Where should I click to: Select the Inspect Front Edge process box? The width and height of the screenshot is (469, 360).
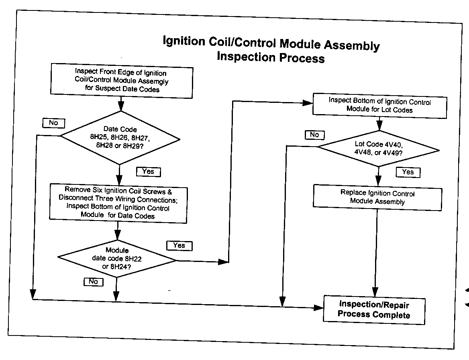click(x=121, y=80)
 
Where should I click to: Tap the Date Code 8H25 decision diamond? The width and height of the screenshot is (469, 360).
click(x=120, y=137)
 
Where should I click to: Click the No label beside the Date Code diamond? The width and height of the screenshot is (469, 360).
click(x=53, y=123)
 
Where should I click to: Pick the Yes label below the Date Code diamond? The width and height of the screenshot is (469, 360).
click(x=148, y=172)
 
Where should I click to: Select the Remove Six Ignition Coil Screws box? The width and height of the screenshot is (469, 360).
click(x=118, y=203)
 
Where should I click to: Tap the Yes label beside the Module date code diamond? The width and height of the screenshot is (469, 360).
click(x=179, y=245)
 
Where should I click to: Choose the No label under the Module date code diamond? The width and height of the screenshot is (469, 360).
click(x=93, y=282)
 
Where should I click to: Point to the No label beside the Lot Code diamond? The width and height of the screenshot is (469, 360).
click(x=314, y=135)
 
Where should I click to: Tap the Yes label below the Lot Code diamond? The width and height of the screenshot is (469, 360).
click(x=408, y=172)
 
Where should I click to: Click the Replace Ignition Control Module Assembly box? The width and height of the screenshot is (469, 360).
click(x=377, y=197)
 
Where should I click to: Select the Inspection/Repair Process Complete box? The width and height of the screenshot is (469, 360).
click(x=374, y=309)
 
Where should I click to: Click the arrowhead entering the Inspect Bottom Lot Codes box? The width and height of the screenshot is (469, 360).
click(x=308, y=103)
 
